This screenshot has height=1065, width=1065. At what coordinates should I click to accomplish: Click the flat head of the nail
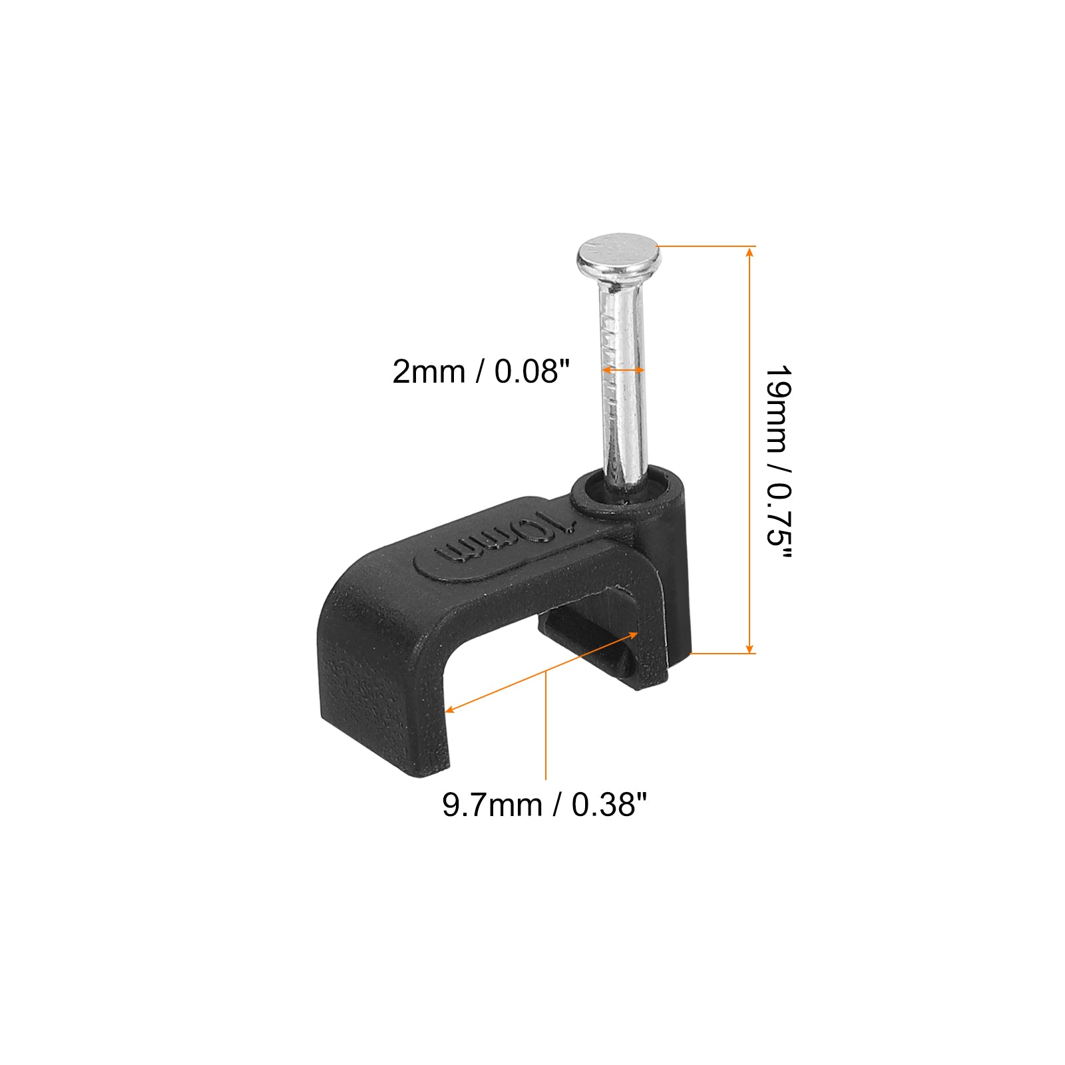pos(619,257)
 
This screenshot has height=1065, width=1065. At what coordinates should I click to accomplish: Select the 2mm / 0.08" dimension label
pos(481,371)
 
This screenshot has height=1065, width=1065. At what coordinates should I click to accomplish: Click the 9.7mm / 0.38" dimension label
pos(544,805)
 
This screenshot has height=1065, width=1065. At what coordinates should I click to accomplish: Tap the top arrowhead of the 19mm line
pos(750,252)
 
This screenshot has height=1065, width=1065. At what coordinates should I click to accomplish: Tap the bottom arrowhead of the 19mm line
pos(750,648)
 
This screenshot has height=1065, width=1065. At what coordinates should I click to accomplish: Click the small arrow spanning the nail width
pos(623,369)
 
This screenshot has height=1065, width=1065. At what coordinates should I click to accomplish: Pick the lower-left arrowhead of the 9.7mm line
pos(450,710)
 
